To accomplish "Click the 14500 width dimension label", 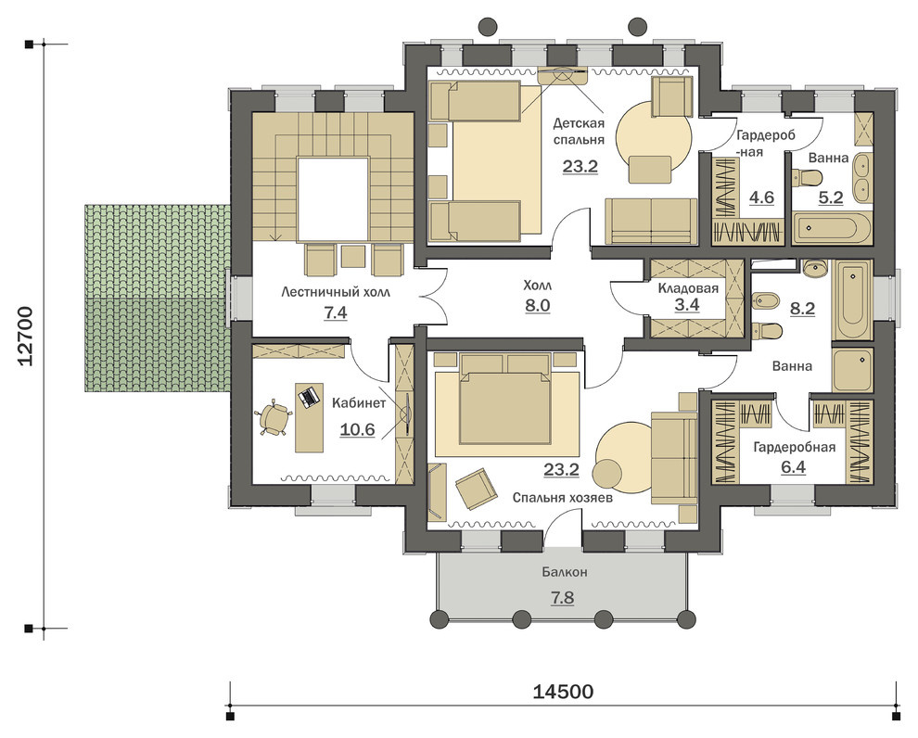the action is (x=563, y=692).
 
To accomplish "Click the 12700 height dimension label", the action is (x=28, y=336).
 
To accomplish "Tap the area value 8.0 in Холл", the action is (x=538, y=306).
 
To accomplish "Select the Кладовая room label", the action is (x=688, y=288).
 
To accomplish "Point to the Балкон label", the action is (x=564, y=572).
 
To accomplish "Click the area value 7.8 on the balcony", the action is (x=562, y=598).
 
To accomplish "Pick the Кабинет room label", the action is (x=359, y=403).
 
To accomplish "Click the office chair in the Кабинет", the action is (x=274, y=418).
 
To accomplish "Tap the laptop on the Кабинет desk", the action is (x=309, y=396).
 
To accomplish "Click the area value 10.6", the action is (x=357, y=429).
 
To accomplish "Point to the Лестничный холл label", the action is (x=335, y=291).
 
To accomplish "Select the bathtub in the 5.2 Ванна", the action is (x=832, y=228).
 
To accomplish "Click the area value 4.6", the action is (x=761, y=197).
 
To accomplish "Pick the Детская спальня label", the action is (x=579, y=132).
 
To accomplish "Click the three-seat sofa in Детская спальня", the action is (x=651, y=221).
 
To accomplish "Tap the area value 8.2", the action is (x=803, y=309).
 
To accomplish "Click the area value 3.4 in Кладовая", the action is (x=687, y=305).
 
